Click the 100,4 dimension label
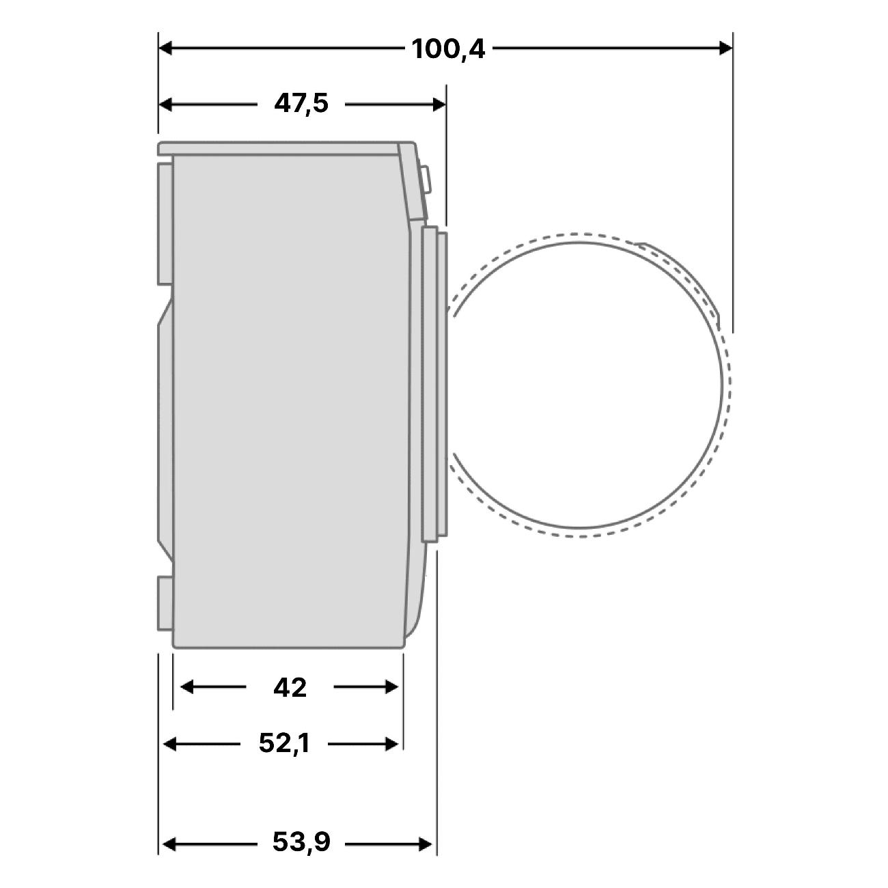pos(448,49)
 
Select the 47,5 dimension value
pos(301,103)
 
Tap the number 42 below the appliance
pos(290,688)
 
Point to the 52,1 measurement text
pos(284,743)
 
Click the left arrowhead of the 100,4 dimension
pos(165,48)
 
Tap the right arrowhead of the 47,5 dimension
pos(439,105)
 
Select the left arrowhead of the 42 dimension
pos(186,687)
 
